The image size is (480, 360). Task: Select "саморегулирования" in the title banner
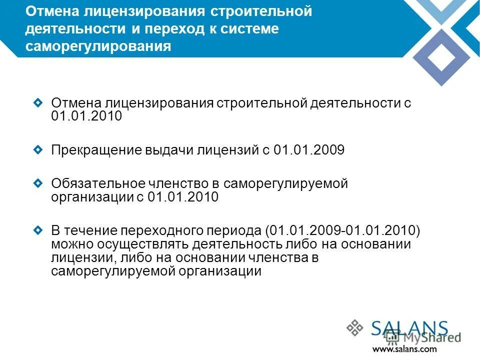(98, 46)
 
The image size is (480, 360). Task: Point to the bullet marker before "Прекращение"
(38, 149)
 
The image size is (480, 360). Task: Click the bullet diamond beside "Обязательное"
(38, 183)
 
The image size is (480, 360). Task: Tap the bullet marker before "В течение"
(38, 230)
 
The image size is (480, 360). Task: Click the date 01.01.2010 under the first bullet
(86, 116)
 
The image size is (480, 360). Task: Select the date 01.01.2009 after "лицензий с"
(309, 150)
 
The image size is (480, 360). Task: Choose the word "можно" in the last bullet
(67, 244)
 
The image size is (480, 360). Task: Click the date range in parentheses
(343, 231)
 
